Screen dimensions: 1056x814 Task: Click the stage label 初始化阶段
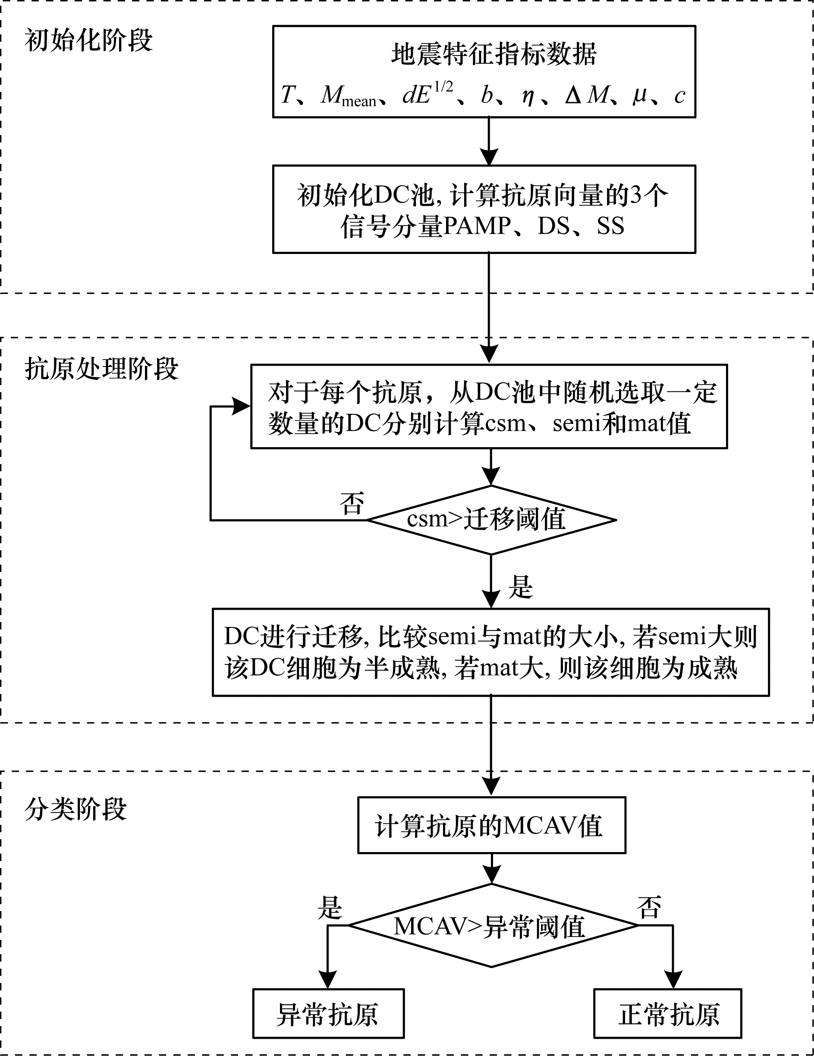[x=88, y=40]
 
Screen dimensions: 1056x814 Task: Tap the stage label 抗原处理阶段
[x=101, y=370]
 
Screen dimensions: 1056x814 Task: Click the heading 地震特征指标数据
[x=493, y=54]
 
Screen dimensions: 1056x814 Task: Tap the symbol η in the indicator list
[x=528, y=95]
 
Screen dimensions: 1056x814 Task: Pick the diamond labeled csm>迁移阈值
[x=491, y=520]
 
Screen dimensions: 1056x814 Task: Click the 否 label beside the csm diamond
[x=352, y=503]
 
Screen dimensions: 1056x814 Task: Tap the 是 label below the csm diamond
[x=520, y=587]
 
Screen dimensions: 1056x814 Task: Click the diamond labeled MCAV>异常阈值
[x=491, y=926]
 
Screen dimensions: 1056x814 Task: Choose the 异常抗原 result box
[x=328, y=1013]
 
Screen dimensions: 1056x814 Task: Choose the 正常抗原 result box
[x=668, y=1013]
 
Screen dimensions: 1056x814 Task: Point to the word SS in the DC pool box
[x=610, y=226]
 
